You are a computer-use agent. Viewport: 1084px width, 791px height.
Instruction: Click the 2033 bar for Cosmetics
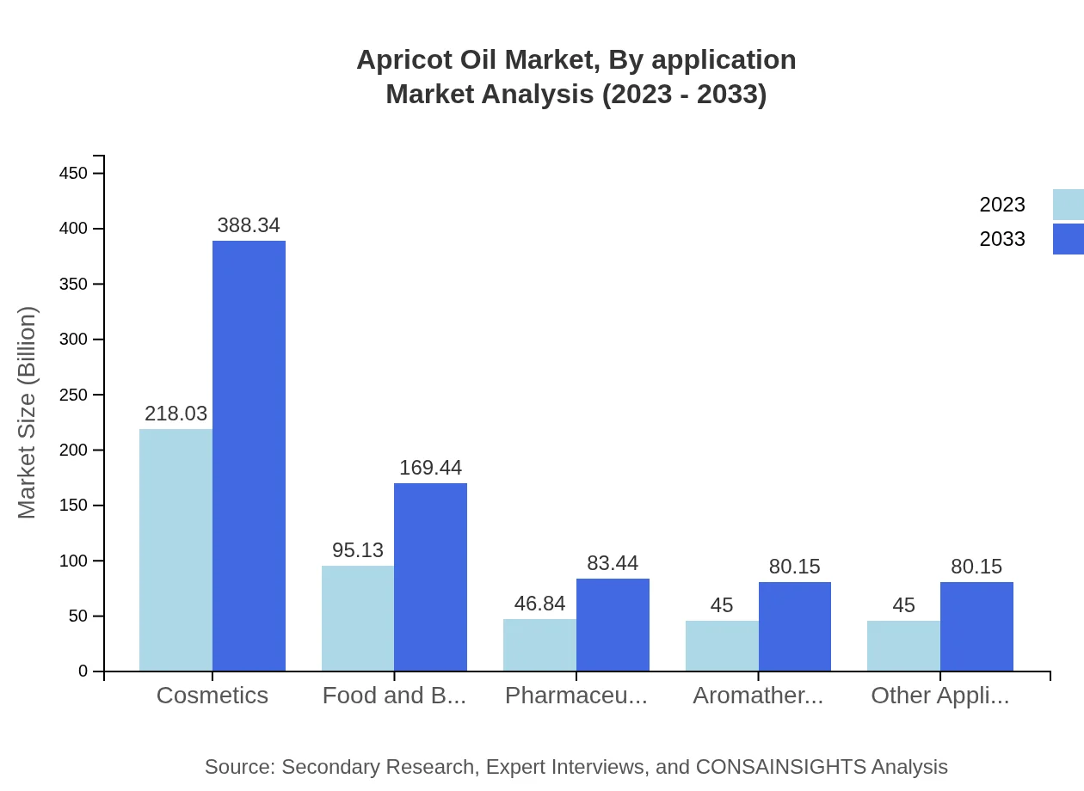[249, 456]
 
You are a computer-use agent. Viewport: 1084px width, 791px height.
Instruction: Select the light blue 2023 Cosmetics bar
[176, 550]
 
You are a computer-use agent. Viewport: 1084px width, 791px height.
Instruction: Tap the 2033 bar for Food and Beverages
[430, 577]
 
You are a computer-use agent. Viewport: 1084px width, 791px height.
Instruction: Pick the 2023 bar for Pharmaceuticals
[539, 645]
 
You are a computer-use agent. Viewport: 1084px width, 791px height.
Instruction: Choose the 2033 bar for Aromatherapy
[795, 627]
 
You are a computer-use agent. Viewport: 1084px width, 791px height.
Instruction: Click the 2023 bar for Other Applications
[903, 646]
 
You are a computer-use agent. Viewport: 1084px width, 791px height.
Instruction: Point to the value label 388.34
[249, 225]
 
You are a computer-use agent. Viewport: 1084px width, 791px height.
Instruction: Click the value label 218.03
[176, 414]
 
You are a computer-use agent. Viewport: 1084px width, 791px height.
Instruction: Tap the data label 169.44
[430, 468]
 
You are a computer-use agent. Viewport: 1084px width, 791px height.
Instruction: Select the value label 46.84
[539, 604]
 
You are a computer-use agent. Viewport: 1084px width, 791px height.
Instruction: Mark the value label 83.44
[613, 563]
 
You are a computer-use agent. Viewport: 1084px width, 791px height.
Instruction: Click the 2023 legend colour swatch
[1069, 205]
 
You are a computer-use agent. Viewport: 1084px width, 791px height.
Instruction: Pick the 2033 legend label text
[1002, 239]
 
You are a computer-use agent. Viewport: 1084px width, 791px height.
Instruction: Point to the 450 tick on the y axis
[73, 173]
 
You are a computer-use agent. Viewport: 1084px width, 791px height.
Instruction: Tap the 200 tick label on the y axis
[73, 450]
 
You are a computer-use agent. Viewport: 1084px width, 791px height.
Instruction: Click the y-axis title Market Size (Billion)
[27, 413]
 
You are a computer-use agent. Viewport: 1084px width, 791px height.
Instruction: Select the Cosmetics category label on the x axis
[212, 696]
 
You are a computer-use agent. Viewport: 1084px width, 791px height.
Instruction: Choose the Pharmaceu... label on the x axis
[576, 696]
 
